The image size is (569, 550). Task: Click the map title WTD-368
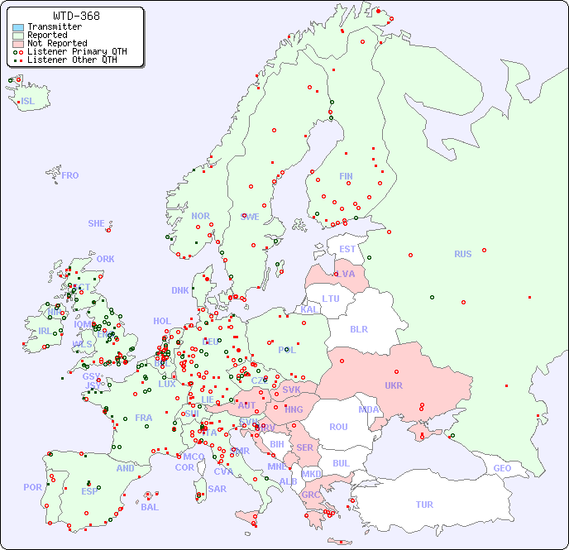(76, 16)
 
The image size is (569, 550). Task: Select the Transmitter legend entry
(54, 27)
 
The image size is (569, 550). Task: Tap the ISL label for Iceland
(28, 102)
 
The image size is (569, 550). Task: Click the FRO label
(70, 175)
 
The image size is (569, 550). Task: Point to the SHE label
(96, 223)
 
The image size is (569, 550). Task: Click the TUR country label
(424, 505)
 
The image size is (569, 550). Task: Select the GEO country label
(502, 468)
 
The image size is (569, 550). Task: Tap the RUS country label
(462, 254)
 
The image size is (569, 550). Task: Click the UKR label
(394, 385)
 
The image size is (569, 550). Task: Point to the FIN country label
(346, 176)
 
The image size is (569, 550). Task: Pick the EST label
(347, 249)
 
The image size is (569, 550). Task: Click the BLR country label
(359, 329)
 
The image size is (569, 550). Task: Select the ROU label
(338, 427)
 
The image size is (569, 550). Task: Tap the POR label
(32, 487)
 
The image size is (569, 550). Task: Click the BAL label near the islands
(150, 507)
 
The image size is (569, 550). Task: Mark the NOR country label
(200, 216)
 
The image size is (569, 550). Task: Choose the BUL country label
(341, 463)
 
